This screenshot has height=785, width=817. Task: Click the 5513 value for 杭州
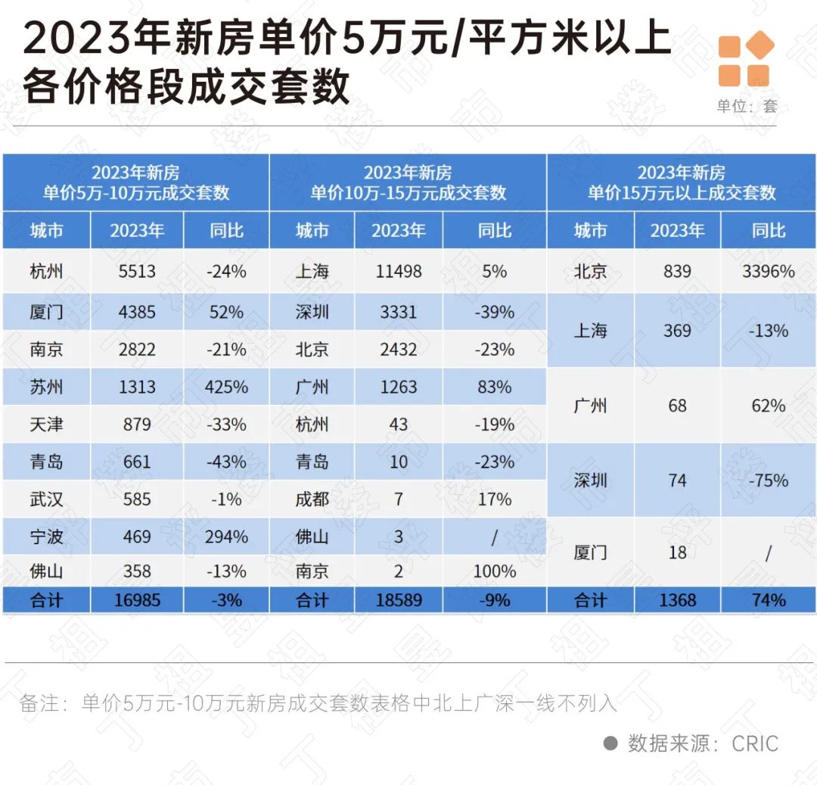[x=137, y=271]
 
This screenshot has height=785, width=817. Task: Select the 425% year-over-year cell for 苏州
[x=226, y=387]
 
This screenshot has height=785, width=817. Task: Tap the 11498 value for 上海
[x=399, y=271]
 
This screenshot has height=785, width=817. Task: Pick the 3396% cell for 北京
[x=768, y=271]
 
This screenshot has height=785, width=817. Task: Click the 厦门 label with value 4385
[x=46, y=312]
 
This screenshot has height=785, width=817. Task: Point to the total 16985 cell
[x=137, y=600]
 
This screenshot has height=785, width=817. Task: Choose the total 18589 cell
[x=399, y=600]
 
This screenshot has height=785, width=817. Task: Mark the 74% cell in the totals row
[x=768, y=600]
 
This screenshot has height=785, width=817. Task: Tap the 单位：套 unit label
[x=747, y=106]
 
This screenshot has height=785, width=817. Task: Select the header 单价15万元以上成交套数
[x=682, y=192]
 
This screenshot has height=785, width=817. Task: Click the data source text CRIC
[x=754, y=743]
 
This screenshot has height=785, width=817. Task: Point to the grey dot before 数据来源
[x=610, y=743]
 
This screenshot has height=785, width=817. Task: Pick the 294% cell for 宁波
[x=226, y=537]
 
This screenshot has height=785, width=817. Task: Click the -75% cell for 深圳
[x=768, y=481]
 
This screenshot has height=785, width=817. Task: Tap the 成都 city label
[x=312, y=500]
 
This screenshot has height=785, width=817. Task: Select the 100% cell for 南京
[x=494, y=572]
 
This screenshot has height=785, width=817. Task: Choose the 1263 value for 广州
[x=399, y=387]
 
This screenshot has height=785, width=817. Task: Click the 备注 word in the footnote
[x=39, y=703]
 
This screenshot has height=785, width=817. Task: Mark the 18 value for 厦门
[x=677, y=553]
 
